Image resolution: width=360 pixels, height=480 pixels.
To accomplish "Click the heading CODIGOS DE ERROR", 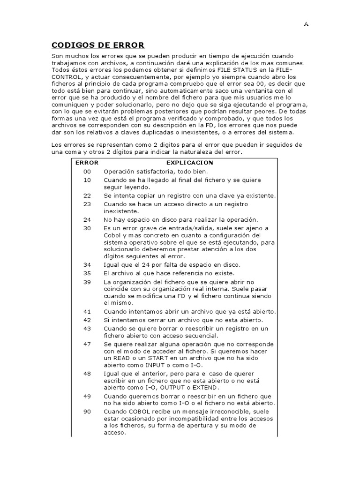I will (x=97, y=45).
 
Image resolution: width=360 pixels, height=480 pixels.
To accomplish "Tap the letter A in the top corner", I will (x=306, y=25).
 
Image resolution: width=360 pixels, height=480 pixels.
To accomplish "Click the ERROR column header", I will (x=87, y=163).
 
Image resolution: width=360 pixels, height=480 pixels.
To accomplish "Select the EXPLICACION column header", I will (x=190, y=163).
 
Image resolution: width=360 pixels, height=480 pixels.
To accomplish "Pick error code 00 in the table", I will (x=87, y=172).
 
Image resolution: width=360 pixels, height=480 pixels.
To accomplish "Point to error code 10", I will (x=87, y=180).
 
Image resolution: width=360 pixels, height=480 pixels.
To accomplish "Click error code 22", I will (x=87, y=195).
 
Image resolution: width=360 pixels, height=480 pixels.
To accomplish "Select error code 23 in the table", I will (x=87, y=204).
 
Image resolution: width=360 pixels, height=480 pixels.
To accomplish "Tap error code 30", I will (x=87, y=228).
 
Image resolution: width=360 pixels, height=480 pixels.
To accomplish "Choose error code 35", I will (x=87, y=273).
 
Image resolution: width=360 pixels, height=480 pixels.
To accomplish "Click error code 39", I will (x=87, y=282).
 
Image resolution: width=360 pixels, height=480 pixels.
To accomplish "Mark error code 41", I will (x=87, y=312).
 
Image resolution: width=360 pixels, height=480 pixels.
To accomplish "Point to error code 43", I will (x=87, y=328).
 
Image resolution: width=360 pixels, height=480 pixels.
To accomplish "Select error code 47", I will (x=87, y=344).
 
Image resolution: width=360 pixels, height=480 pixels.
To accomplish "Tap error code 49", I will (x=87, y=396).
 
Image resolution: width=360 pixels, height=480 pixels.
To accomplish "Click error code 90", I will (x=87, y=411).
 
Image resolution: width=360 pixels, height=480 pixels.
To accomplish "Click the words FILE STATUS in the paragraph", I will (x=209, y=70).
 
